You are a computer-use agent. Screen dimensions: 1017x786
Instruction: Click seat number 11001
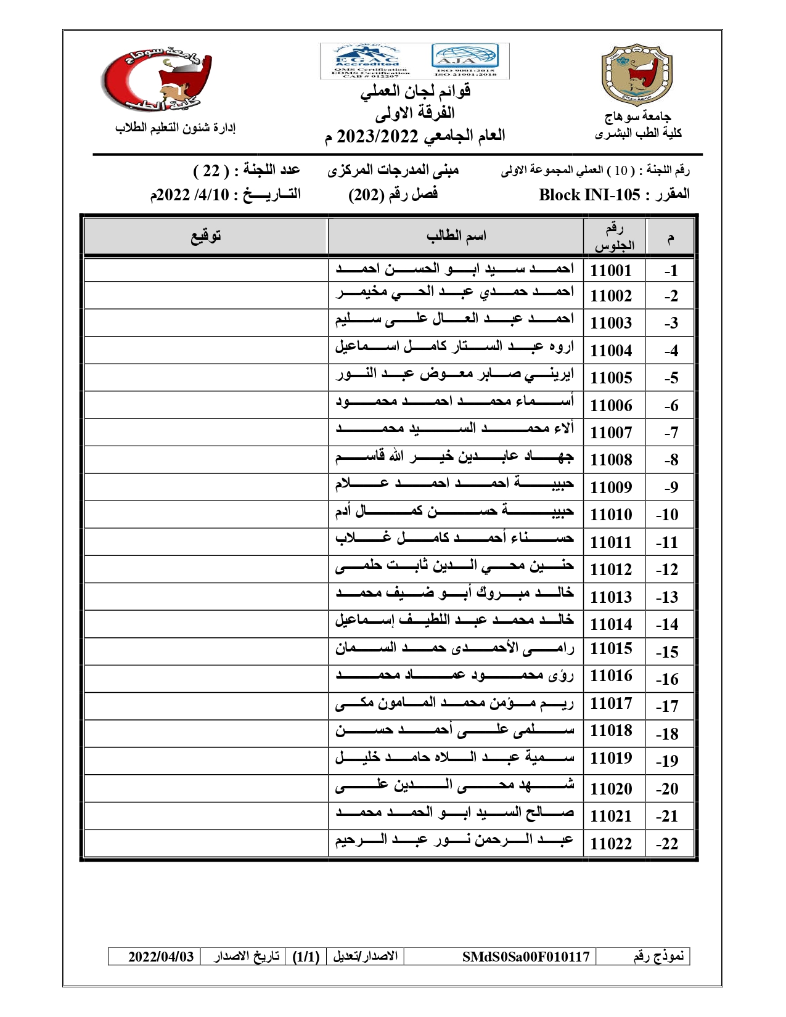coord(610,270)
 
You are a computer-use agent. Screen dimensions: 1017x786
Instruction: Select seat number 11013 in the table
coord(610,597)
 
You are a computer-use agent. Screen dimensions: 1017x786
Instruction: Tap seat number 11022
coord(610,843)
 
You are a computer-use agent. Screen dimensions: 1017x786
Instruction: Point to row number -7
coord(671,433)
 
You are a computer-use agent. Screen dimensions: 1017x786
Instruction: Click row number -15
coord(667,651)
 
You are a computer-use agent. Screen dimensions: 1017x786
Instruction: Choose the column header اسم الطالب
coord(456,235)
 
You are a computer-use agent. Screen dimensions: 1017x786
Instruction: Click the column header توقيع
coord(205,235)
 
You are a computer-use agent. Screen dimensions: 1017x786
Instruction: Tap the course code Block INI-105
coord(589,195)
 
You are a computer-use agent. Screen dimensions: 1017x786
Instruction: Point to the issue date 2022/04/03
coord(161,957)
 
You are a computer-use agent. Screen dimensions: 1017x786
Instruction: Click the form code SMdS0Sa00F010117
coord(526,957)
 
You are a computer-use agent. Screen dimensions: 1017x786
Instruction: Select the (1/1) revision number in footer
coord(306,957)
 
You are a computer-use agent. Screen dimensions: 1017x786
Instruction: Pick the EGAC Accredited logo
coord(367,60)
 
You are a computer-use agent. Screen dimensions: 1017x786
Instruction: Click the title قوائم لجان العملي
coord(416,91)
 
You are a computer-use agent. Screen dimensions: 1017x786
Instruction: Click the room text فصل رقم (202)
coord(393,194)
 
